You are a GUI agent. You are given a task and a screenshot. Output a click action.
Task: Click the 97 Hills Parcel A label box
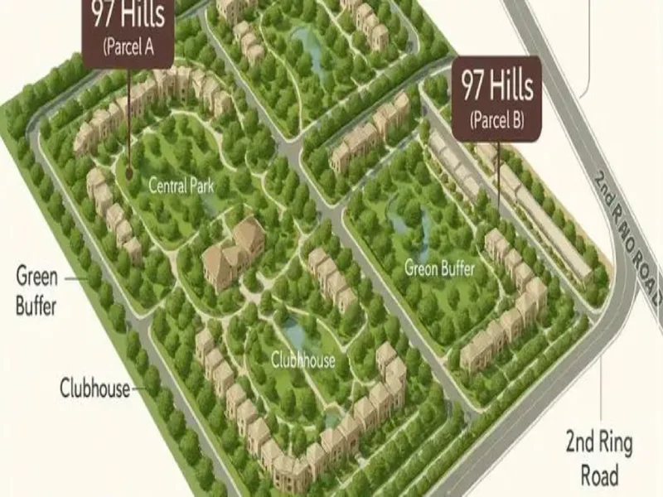(128, 33)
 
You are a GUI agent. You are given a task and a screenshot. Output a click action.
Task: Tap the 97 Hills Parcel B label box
(496, 97)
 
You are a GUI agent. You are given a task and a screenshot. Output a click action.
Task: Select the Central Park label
(181, 186)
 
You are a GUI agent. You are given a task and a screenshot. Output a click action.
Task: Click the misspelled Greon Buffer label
(439, 268)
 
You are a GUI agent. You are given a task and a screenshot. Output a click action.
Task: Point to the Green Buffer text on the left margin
(36, 290)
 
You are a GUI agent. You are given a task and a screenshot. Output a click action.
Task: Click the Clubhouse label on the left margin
(94, 388)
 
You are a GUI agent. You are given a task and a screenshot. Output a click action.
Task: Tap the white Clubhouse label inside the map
(303, 360)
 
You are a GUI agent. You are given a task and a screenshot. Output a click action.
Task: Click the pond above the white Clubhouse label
(294, 333)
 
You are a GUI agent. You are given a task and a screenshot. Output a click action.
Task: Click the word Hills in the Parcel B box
(512, 85)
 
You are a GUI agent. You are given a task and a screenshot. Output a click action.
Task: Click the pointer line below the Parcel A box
(128, 116)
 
